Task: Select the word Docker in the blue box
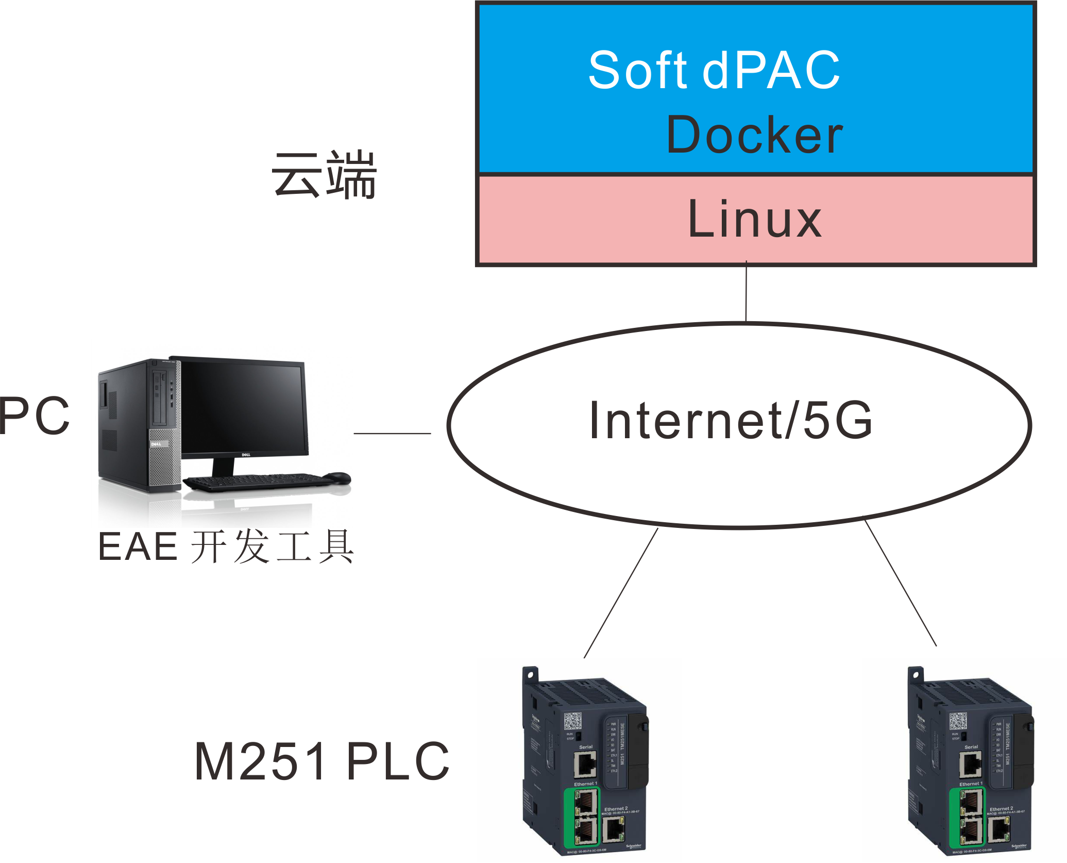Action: tap(754, 135)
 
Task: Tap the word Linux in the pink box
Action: tap(754, 219)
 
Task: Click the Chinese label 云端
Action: tap(325, 175)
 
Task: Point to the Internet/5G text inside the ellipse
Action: tap(731, 421)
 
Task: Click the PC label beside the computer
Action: tap(34, 416)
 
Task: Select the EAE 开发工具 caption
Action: tap(226, 546)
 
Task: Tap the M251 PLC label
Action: tap(322, 761)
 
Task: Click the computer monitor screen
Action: tap(242, 407)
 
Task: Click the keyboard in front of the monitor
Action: tap(258, 482)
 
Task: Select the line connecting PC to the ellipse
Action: tap(392, 434)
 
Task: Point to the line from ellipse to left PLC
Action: tap(621, 593)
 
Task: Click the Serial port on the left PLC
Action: tap(585, 764)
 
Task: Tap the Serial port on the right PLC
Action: tap(971, 764)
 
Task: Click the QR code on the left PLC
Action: tap(572, 721)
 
